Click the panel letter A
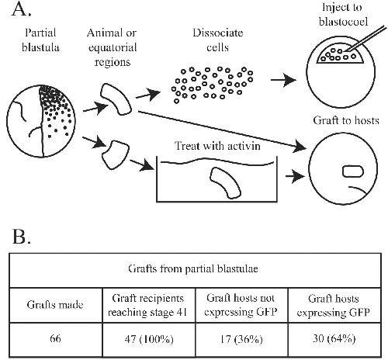pyautogui.click(x=22, y=10)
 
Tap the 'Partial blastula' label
pyautogui.click(x=40, y=40)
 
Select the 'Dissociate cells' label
pyautogui.click(x=217, y=40)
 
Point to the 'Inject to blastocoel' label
pyautogui.click(x=343, y=14)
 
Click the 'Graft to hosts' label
pyautogui.click(x=346, y=120)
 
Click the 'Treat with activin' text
pyautogui.click(x=217, y=146)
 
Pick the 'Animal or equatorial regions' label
pyautogui.click(x=112, y=47)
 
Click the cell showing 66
pyautogui.click(x=55, y=338)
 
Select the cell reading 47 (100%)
pyautogui.click(x=149, y=339)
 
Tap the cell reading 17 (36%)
pyautogui.click(x=241, y=339)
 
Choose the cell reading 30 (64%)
pyautogui.click(x=334, y=339)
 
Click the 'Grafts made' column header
pyautogui.click(x=55, y=305)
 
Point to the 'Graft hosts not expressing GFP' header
pyautogui.click(x=241, y=305)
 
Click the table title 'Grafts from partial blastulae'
pyautogui.click(x=193, y=269)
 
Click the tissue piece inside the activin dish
pyautogui.click(x=225, y=183)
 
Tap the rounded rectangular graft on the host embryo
pyautogui.click(x=353, y=171)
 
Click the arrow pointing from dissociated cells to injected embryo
pyautogui.click(x=283, y=80)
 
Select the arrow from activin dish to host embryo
pyautogui.click(x=296, y=176)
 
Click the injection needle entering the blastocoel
pyautogui.click(x=366, y=40)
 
